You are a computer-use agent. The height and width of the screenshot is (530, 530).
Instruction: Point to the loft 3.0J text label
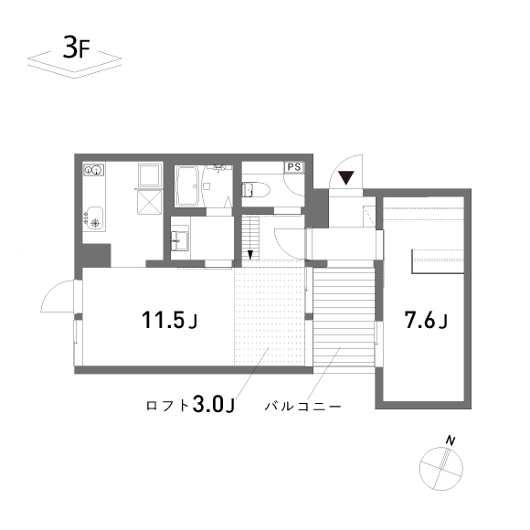click(x=191, y=404)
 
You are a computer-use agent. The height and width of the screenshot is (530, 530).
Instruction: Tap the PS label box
click(x=293, y=167)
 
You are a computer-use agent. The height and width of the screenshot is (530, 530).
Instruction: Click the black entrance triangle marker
click(x=347, y=177)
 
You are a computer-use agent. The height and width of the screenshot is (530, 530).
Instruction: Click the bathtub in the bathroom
click(x=189, y=186)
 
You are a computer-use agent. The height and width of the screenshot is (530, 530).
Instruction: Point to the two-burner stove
click(x=95, y=170)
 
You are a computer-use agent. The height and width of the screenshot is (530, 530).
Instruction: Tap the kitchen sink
click(x=96, y=220)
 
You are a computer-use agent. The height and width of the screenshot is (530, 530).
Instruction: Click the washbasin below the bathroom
click(x=180, y=239)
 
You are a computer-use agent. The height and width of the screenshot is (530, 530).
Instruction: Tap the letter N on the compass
click(x=450, y=441)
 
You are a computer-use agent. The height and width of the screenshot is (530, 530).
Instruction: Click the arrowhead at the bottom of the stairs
click(x=248, y=254)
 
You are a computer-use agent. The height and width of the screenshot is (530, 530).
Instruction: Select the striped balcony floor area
click(x=345, y=315)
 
